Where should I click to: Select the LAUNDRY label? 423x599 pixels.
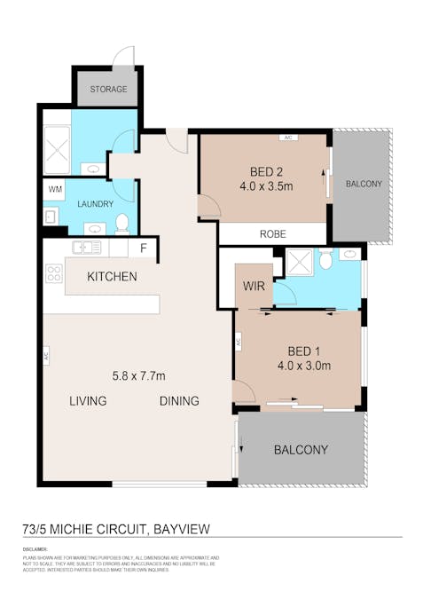pyautogui.click(x=95, y=204)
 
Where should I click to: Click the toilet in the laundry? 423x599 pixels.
pyautogui.click(x=122, y=222)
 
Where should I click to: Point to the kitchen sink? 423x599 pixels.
pyautogui.click(x=87, y=248)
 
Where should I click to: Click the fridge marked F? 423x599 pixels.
pyautogui.click(x=144, y=248)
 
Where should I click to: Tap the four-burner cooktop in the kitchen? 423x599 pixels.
pyautogui.click(x=53, y=275)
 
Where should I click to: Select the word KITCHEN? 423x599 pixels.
pyautogui.click(x=112, y=277)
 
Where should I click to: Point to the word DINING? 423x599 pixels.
pyautogui.click(x=179, y=401)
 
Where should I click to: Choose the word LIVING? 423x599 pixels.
pyautogui.click(x=88, y=401)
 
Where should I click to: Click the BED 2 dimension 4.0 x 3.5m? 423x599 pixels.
pyautogui.click(x=266, y=187)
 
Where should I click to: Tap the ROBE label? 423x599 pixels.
pyautogui.click(x=272, y=235)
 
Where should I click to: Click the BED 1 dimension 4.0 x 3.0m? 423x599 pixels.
pyautogui.click(x=303, y=365)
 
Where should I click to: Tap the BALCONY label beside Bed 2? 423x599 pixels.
pyautogui.click(x=364, y=185)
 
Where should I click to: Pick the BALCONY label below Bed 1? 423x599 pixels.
pyautogui.click(x=301, y=450)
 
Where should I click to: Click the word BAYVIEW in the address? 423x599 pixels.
pyautogui.click(x=184, y=531)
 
